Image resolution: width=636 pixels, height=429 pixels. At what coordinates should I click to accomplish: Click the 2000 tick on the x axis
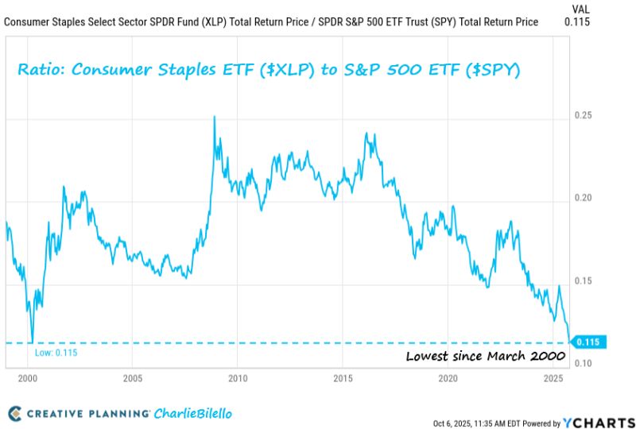tap(27, 378)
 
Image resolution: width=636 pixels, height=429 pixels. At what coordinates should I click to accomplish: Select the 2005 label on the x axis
tap(132, 378)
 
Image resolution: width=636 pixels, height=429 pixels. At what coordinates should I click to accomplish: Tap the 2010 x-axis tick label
tap(238, 378)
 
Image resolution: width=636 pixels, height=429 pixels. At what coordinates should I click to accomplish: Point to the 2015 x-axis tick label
tap(343, 378)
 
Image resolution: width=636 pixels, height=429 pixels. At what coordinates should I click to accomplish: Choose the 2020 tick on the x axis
tap(448, 378)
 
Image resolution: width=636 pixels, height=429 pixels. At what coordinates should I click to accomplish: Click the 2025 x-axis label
tap(553, 378)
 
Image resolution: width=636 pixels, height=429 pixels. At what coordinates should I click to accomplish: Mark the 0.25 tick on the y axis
tap(585, 116)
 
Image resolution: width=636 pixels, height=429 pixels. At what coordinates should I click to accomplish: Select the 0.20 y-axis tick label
tap(585, 198)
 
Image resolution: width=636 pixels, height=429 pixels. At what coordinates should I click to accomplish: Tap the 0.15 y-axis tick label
tap(585, 280)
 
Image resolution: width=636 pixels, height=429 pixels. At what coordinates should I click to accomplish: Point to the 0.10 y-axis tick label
tap(585, 363)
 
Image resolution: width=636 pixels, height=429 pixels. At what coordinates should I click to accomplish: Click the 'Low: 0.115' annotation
tap(56, 352)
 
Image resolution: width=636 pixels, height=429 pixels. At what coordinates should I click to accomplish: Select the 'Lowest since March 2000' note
tap(477, 356)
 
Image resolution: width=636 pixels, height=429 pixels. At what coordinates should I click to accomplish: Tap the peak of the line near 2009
tap(214, 117)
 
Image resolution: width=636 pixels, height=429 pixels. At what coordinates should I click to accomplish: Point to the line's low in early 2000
tap(32, 341)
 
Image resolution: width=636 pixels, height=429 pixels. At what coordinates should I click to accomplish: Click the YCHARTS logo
tap(595, 422)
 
